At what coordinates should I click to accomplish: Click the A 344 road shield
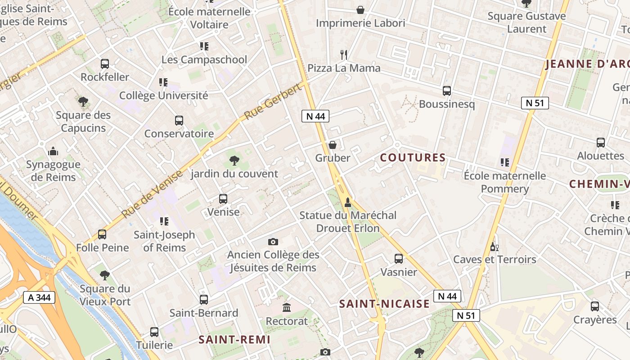39,297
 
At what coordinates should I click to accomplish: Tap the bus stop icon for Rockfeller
105,64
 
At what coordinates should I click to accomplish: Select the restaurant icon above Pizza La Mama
344,55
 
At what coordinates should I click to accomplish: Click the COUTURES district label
413,157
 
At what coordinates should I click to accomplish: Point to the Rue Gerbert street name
273,102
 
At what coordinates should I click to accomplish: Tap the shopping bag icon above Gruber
333,144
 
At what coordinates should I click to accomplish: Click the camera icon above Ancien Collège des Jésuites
273,242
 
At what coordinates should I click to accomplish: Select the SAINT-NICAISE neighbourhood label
384,304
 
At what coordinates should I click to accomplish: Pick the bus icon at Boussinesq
446,91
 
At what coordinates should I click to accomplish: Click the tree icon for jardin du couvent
234,160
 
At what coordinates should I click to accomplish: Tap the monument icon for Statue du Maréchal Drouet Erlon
347,202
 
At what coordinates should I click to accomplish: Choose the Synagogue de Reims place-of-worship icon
53,151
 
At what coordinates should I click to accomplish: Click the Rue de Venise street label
152,193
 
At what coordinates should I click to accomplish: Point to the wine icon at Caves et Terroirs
494,247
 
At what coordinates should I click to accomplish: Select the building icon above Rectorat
287,308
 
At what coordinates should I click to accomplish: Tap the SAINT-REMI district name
234,339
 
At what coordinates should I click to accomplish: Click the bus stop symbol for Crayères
595,306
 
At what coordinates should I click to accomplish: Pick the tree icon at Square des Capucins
83,102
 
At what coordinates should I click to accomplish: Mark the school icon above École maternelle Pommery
504,162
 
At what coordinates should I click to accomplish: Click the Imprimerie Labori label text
360,23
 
